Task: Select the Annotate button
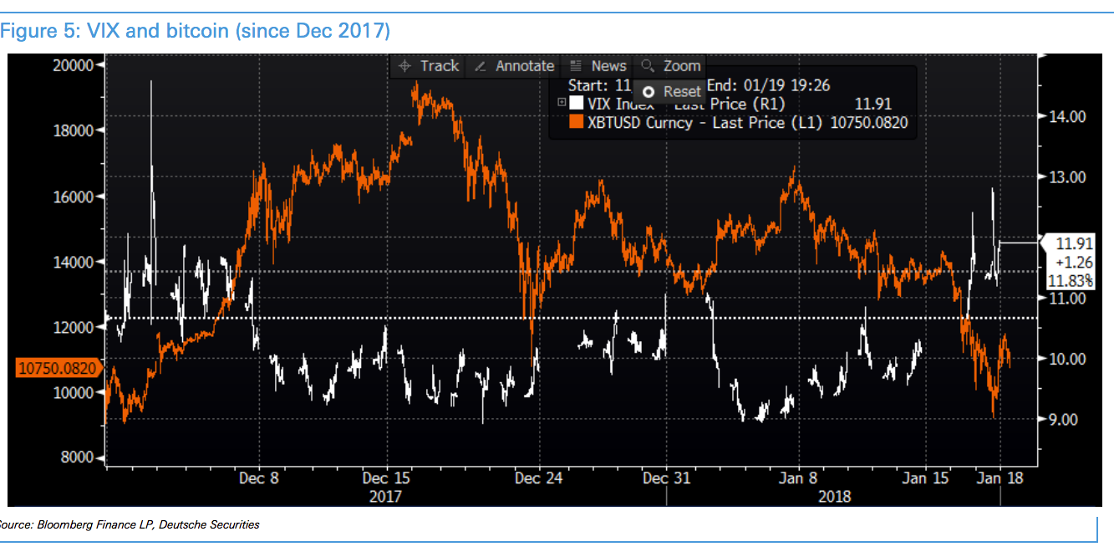tap(515, 66)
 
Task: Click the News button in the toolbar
tap(598, 66)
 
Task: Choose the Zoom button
tap(671, 66)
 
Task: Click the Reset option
tap(673, 91)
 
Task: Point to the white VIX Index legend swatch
tap(576, 104)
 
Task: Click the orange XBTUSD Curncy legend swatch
tap(576, 123)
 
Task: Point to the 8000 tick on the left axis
tap(77, 457)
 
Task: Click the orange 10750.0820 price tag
tap(56, 366)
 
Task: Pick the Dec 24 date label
tap(539, 478)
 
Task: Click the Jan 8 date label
tap(799, 478)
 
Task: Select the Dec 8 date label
tap(259, 478)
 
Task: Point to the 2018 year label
tap(834, 496)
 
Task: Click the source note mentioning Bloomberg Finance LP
tap(130, 525)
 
